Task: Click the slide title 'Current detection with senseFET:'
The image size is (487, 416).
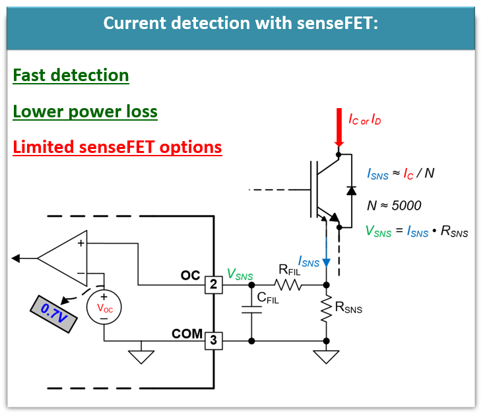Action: (240, 24)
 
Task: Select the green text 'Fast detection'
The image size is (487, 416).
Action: (71, 75)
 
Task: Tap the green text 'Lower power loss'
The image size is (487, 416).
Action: (85, 111)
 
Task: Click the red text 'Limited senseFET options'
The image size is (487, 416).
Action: (117, 146)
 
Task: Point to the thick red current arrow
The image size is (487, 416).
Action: (339, 129)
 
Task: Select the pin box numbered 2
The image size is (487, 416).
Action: (214, 285)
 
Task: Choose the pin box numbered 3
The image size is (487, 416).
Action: (214, 341)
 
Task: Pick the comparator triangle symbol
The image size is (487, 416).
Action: (64, 256)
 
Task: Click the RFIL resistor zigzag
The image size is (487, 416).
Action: (288, 285)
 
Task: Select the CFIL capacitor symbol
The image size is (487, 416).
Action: (251, 310)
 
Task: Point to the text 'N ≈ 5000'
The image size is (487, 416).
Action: (394, 205)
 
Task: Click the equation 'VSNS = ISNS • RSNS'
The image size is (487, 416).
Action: (416, 231)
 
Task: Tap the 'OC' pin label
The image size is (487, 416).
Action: (191, 275)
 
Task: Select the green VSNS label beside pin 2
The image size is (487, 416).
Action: (240, 274)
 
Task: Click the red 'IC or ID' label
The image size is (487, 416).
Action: (364, 119)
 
